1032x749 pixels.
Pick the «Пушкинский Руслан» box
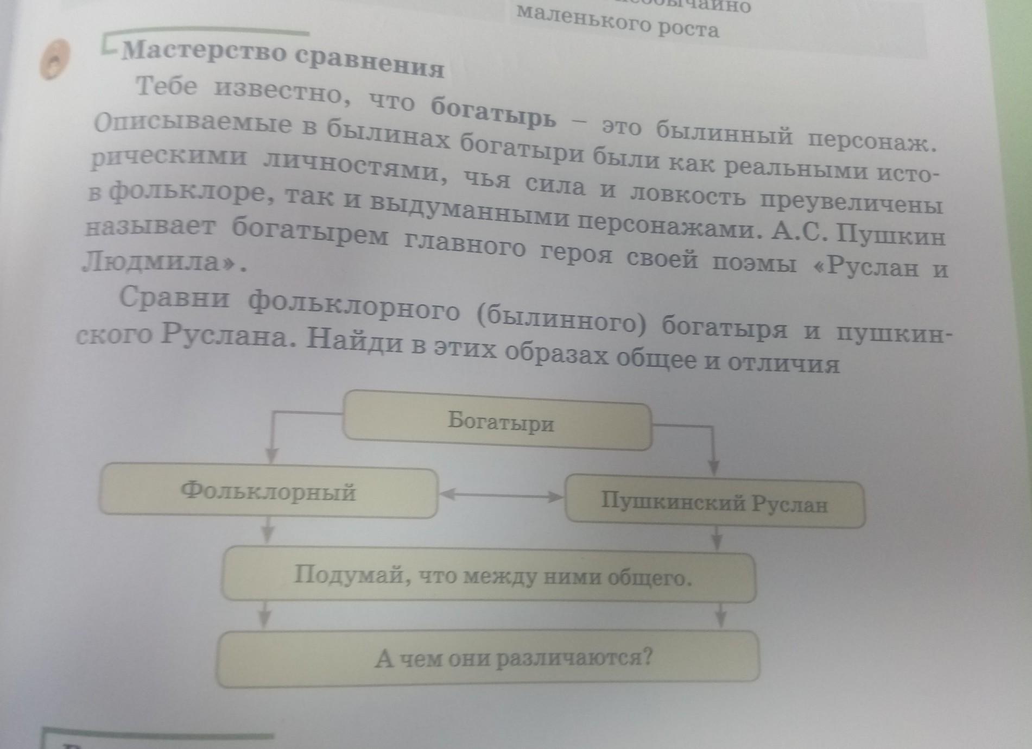click(x=714, y=503)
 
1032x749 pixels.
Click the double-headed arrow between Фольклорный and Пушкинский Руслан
click(x=501, y=495)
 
